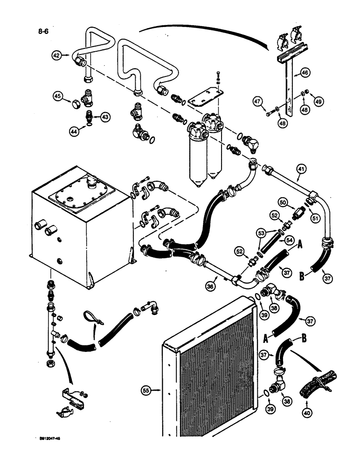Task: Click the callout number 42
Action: tap(56, 56)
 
